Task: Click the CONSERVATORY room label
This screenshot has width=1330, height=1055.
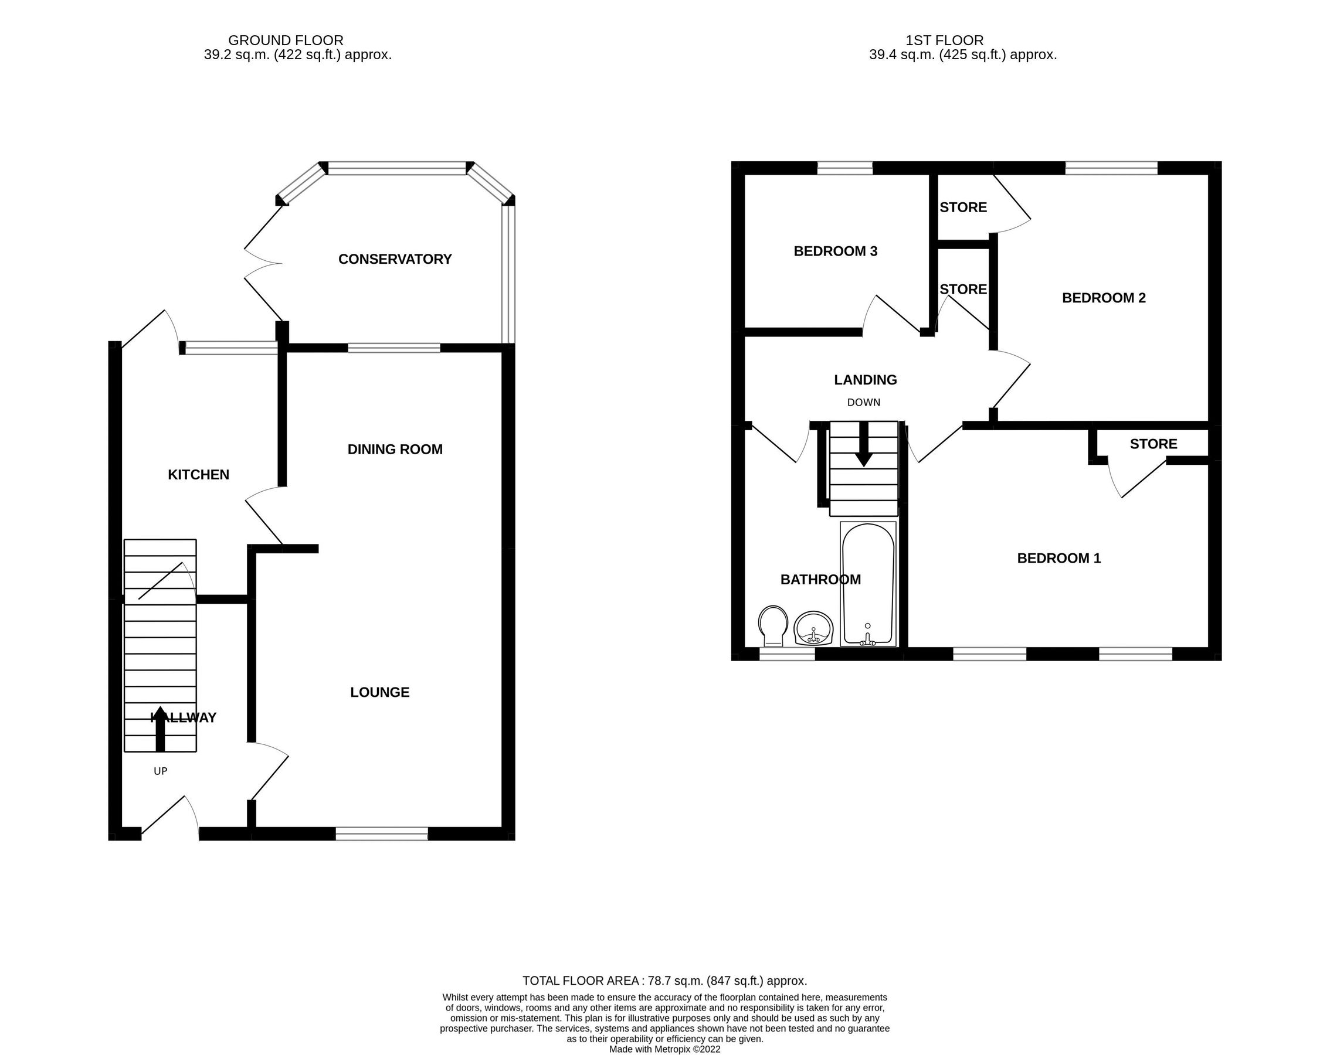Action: click(395, 259)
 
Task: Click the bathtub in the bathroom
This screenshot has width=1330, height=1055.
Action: click(868, 584)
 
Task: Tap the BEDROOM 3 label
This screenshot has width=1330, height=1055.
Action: click(835, 251)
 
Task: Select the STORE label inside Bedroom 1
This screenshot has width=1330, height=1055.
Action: click(1153, 444)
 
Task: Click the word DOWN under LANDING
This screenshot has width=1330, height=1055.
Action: click(863, 403)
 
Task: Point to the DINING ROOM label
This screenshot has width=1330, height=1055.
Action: click(395, 450)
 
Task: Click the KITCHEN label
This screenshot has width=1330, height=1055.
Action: click(199, 475)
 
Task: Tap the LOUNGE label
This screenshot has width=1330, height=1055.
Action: click(379, 692)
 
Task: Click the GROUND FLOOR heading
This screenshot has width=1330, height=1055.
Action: click(286, 40)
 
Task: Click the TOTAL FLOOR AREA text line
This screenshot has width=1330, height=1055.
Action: click(664, 981)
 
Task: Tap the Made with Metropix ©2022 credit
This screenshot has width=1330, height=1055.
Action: click(664, 1049)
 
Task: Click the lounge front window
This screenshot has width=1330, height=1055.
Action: click(382, 833)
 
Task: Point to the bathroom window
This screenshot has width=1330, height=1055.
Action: click(786, 654)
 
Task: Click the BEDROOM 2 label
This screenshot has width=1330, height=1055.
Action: click(1104, 298)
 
